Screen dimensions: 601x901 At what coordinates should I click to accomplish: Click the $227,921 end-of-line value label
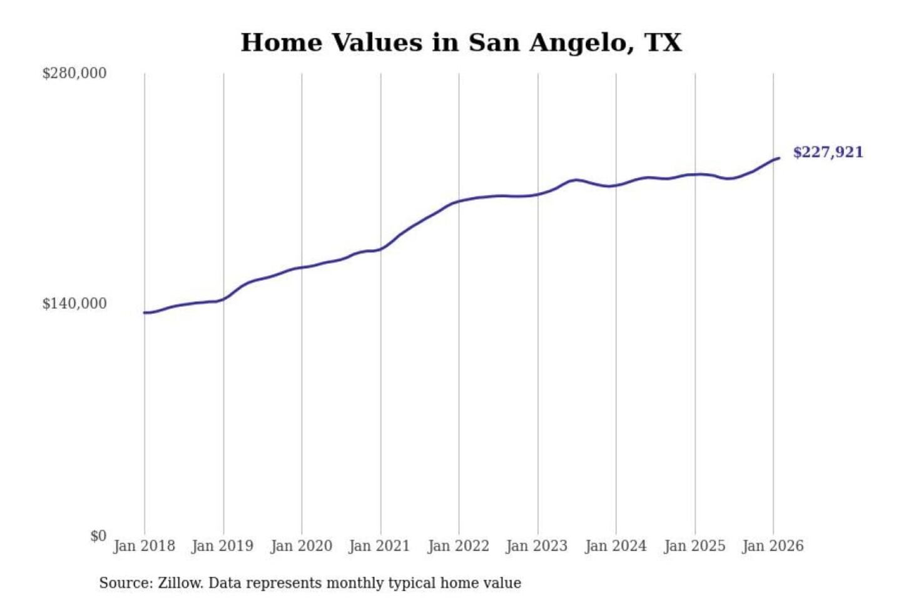tap(827, 153)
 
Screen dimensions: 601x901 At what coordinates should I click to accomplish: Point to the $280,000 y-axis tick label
tap(74, 73)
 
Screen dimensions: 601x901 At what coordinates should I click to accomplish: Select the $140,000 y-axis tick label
tap(74, 304)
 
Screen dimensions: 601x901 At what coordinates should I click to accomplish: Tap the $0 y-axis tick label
tap(98, 536)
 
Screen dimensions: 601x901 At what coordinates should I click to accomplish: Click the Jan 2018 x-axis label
tap(144, 546)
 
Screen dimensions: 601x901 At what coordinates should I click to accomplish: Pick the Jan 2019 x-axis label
tap(222, 546)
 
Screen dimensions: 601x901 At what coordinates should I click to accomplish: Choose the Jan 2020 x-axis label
tap(301, 546)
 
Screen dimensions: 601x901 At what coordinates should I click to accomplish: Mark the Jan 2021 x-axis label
tap(379, 546)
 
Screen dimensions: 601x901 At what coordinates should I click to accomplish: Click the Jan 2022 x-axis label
tap(458, 546)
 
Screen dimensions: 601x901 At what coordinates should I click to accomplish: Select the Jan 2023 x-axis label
tap(536, 546)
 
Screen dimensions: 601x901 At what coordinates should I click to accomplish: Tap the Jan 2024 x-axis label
tap(615, 546)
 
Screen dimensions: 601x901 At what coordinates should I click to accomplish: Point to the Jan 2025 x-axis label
tap(694, 546)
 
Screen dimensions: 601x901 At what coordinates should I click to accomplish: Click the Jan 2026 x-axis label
tap(772, 546)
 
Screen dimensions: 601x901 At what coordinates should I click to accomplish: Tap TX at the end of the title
tap(663, 43)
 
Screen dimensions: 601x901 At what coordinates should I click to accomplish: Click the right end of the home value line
tap(779, 158)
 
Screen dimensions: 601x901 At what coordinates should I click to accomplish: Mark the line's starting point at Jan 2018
tap(145, 312)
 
